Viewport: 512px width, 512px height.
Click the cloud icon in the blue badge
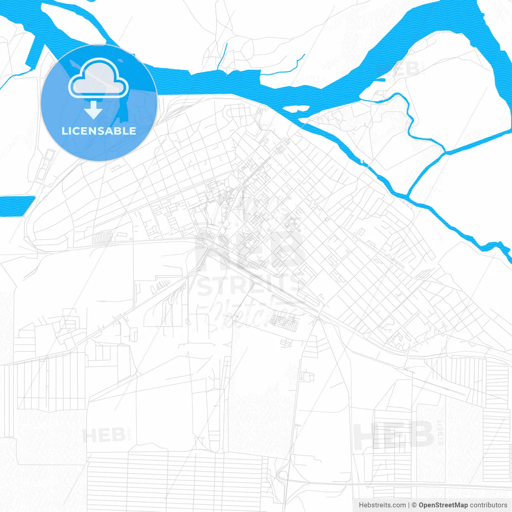[98, 78]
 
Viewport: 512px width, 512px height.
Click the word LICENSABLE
[99, 131]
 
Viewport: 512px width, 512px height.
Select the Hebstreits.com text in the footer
[382, 505]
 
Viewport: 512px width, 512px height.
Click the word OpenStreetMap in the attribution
[443, 505]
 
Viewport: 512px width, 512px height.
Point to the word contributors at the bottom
[488, 505]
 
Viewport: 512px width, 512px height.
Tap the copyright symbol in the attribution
[414, 505]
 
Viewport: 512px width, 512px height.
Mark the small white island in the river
[296, 109]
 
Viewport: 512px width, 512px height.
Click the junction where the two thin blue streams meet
[445, 152]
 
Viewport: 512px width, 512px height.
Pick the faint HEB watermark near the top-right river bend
[398, 69]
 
